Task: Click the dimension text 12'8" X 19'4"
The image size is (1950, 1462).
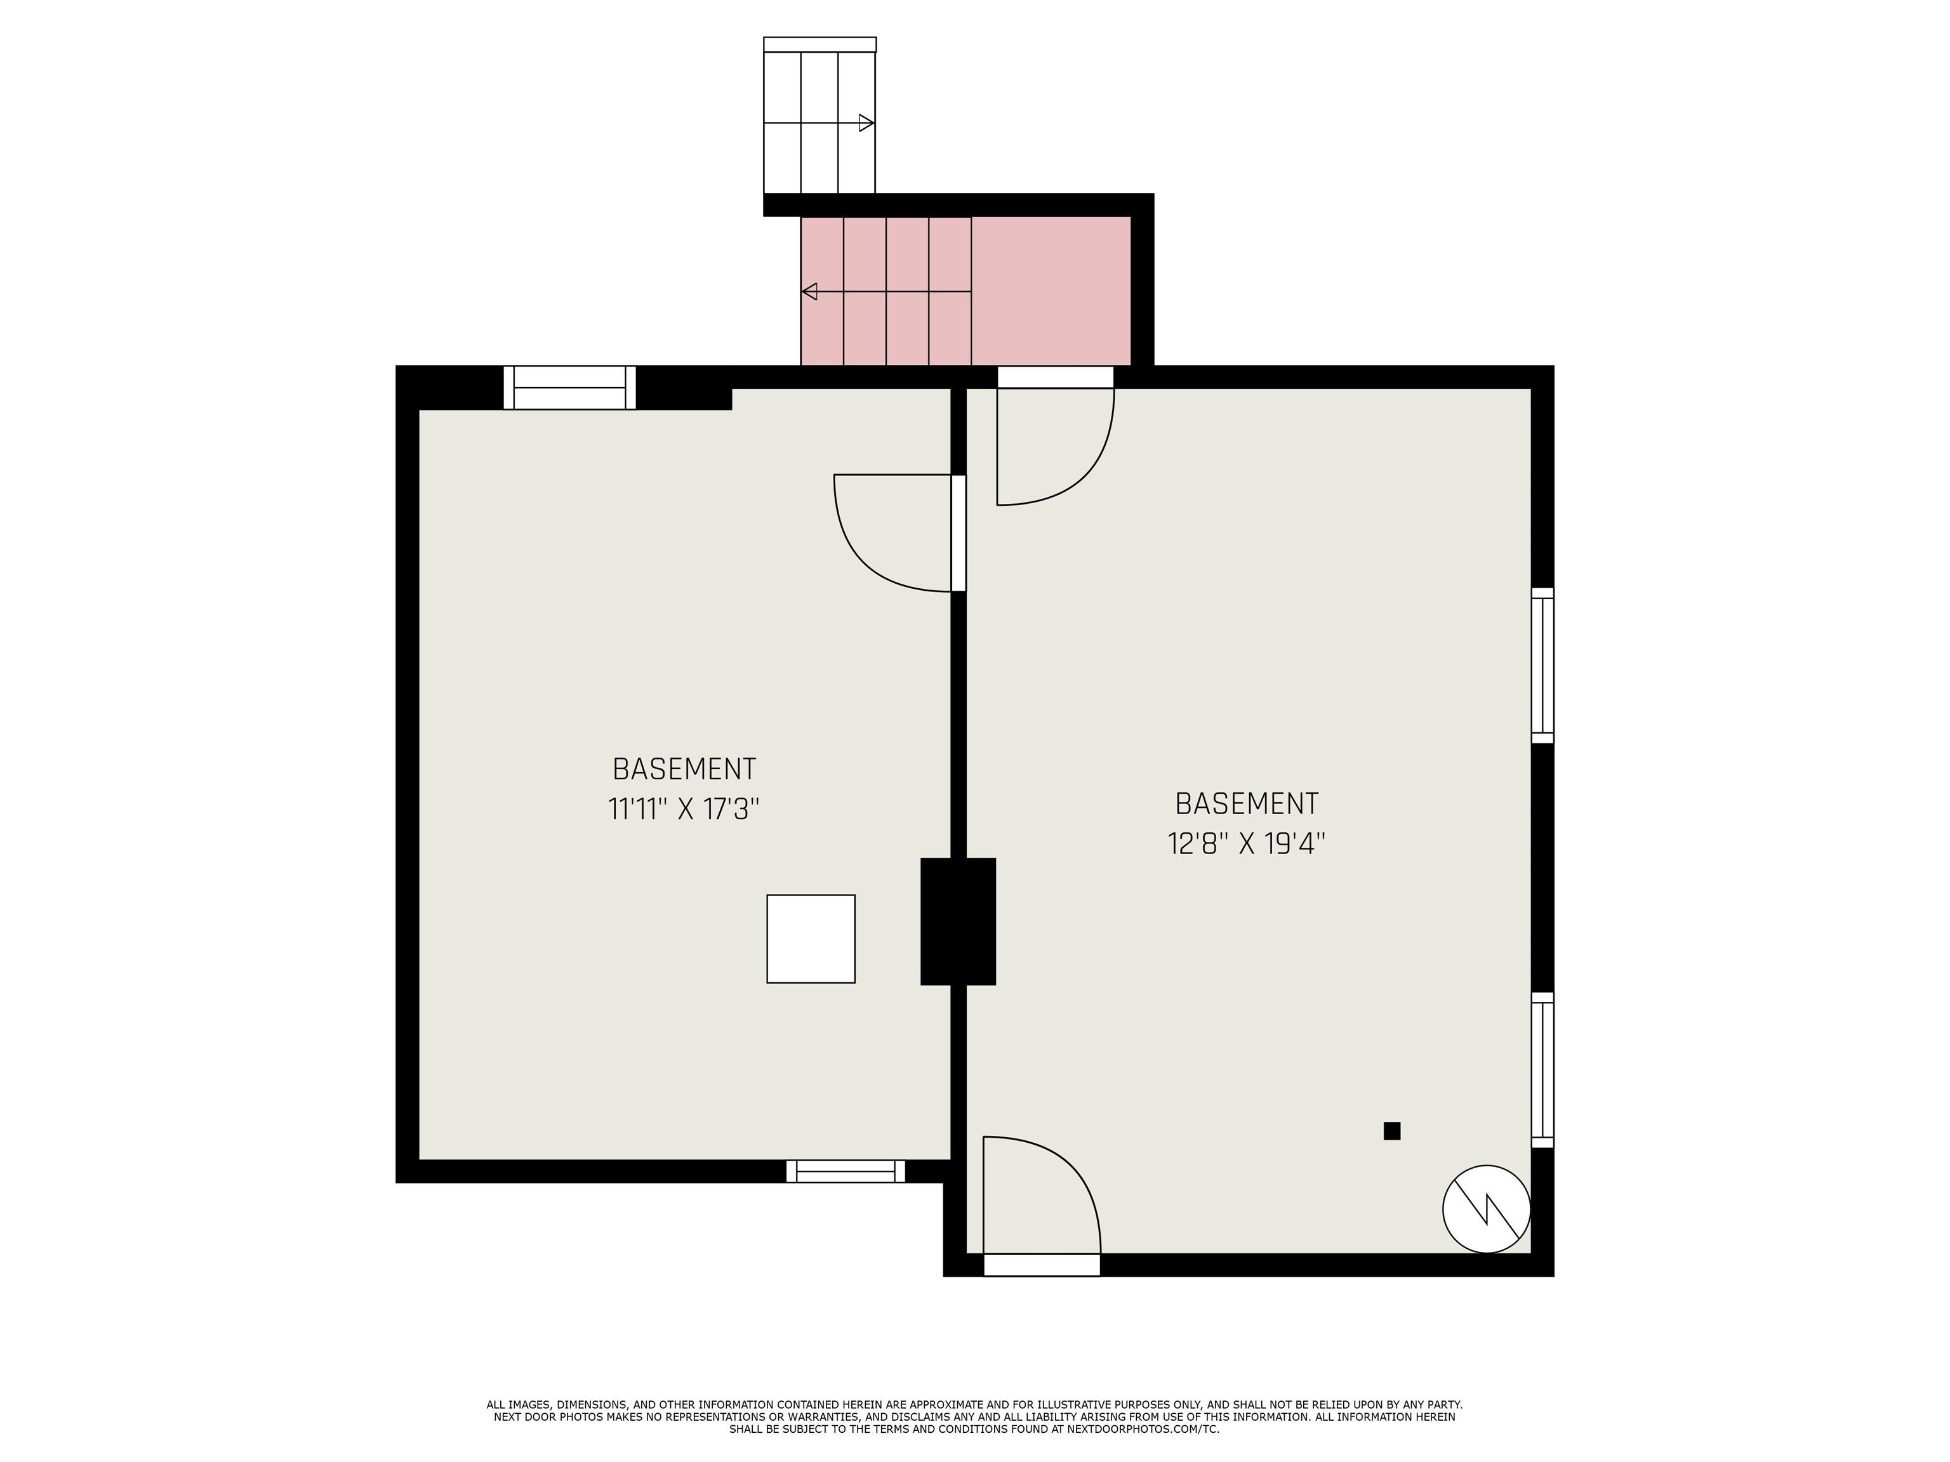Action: tap(1247, 844)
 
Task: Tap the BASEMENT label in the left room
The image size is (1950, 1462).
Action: tap(684, 769)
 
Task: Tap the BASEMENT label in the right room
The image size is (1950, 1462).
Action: tap(1247, 804)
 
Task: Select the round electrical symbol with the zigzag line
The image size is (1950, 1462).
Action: tap(1486, 1208)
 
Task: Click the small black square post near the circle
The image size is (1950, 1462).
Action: tap(1392, 1131)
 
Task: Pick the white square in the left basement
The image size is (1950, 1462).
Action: tap(810, 938)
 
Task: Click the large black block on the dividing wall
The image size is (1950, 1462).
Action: tap(958, 921)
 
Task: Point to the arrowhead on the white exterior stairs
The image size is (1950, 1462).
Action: tap(866, 123)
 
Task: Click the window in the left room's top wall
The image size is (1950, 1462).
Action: tap(569, 388)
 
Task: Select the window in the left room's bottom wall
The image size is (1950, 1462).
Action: tap(846, 1171)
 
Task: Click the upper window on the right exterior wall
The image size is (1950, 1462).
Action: tap(1542, 666)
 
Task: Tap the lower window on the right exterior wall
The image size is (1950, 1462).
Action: tap(1542, 1070)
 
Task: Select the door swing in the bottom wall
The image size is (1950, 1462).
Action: tap(1040, 1199)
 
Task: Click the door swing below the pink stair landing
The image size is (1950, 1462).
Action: tap(1054, 449)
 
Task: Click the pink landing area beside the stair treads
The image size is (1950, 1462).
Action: tap(1051, 291)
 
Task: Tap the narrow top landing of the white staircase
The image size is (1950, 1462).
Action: tap(820, 44)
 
